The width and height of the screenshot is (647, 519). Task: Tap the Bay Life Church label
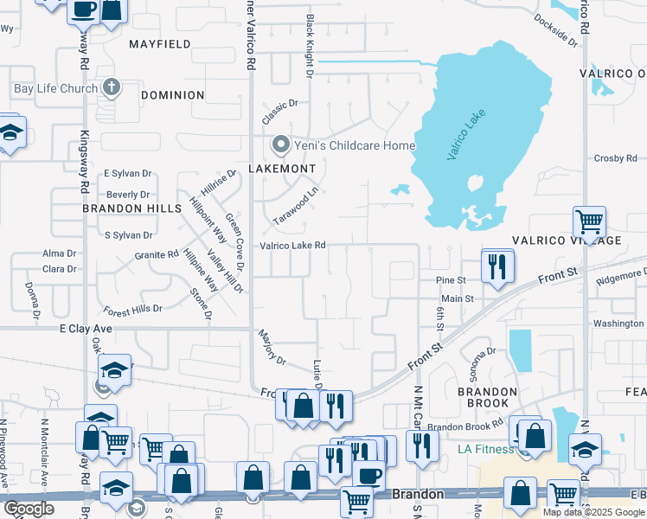(x=53, y=88)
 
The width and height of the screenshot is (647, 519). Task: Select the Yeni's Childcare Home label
(x=355, y=145)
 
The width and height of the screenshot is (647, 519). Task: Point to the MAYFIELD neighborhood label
(x=159, y=43)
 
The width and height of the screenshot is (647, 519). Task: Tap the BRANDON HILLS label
(x=131, y=208)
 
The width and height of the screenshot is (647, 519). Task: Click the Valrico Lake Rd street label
(x=292, y=246)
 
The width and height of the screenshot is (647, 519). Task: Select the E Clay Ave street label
(x=86, y=329)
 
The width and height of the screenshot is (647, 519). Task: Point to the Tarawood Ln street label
(x=296, y=205)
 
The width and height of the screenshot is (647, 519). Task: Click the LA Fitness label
(x=485, y=449)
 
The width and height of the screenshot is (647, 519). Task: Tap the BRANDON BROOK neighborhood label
(x=481, y=398)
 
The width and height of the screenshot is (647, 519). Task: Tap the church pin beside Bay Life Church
(x=111, y=87)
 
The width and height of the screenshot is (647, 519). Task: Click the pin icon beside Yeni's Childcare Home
(x=279, y=144)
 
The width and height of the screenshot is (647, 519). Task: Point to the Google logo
(x=29, y=509)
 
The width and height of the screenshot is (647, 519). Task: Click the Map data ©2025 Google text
(x=593, y=512)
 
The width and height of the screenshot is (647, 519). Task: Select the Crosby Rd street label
(x=615, y=158)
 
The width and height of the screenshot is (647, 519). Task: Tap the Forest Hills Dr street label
(x=132, y=309)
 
